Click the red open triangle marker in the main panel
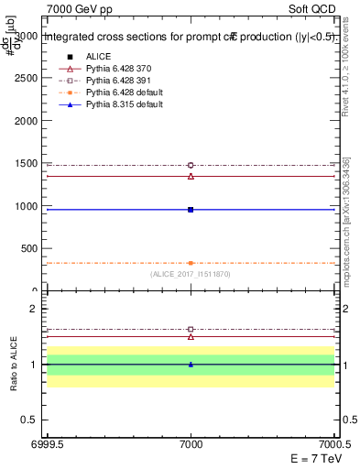[191, 176]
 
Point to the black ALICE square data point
[191, 210]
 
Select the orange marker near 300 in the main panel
[191, 263]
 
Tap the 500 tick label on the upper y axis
[30, 248]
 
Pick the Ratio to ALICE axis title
[12, 365]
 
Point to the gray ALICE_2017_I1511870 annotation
[191, 274]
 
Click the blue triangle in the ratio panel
[191, 365]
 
